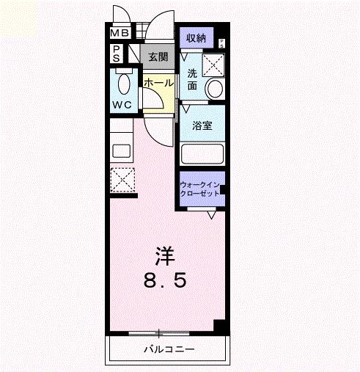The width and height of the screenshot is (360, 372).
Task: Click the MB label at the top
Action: pyautogui.click(x=119, y=33)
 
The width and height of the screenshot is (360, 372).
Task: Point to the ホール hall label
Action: pyautogui.click(x=158, y=83)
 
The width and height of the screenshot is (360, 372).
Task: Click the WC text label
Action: pyautogui.click(x=121, y=104)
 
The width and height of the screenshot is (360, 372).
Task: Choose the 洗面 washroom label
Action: pyautogui.click(x=192, y=79)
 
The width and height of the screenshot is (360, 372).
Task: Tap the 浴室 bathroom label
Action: pyautogui.click(x=202, y=125)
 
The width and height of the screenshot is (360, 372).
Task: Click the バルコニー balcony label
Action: pyautogui.click(x=169, y=349)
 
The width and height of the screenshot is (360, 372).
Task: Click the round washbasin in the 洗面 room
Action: pyautogui.click(x=215, y=88)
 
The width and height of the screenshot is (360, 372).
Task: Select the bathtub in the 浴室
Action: pyautogui.click(x=202, y=155)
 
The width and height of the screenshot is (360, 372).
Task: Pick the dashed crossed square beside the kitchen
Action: pyautogui.click(x=122, y=179)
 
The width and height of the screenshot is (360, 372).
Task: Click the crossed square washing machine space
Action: pyautogui.click(x=214, y=64)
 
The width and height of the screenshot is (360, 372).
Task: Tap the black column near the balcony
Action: pyautogui.click(x=218, y=327)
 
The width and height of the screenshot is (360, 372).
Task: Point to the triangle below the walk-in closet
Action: pyautogui.click(x=210, y=215)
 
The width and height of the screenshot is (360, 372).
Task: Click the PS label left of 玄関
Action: pyautogui.click(x=117, y=54)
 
